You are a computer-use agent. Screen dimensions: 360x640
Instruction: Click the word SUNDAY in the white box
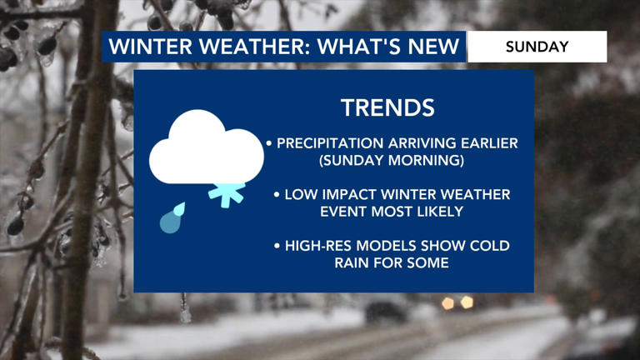pyautogui.click(x=537, y=47)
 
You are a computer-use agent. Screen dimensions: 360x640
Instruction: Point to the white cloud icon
pyautogui.click(x=205, y=148)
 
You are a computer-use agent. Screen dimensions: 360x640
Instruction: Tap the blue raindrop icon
pyautogui.click(x=172, y=218)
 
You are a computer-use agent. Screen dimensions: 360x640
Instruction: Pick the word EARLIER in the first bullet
pyautogui.click(x=486, y=143)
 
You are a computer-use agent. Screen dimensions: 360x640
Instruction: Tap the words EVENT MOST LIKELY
pyautogui.click(x=392, y=212)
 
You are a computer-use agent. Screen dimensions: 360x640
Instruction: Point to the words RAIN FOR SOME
pyautogui.click(x=392, y=263)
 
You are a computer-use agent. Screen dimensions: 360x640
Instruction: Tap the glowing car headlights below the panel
pyautogui.click(x=457, y=302)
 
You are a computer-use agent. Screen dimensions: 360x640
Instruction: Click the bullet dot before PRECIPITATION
pyautogui.click(x=269, y=144)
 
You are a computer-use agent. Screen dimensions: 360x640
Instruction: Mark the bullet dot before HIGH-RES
pyautogui.click(x=277, y=247)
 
